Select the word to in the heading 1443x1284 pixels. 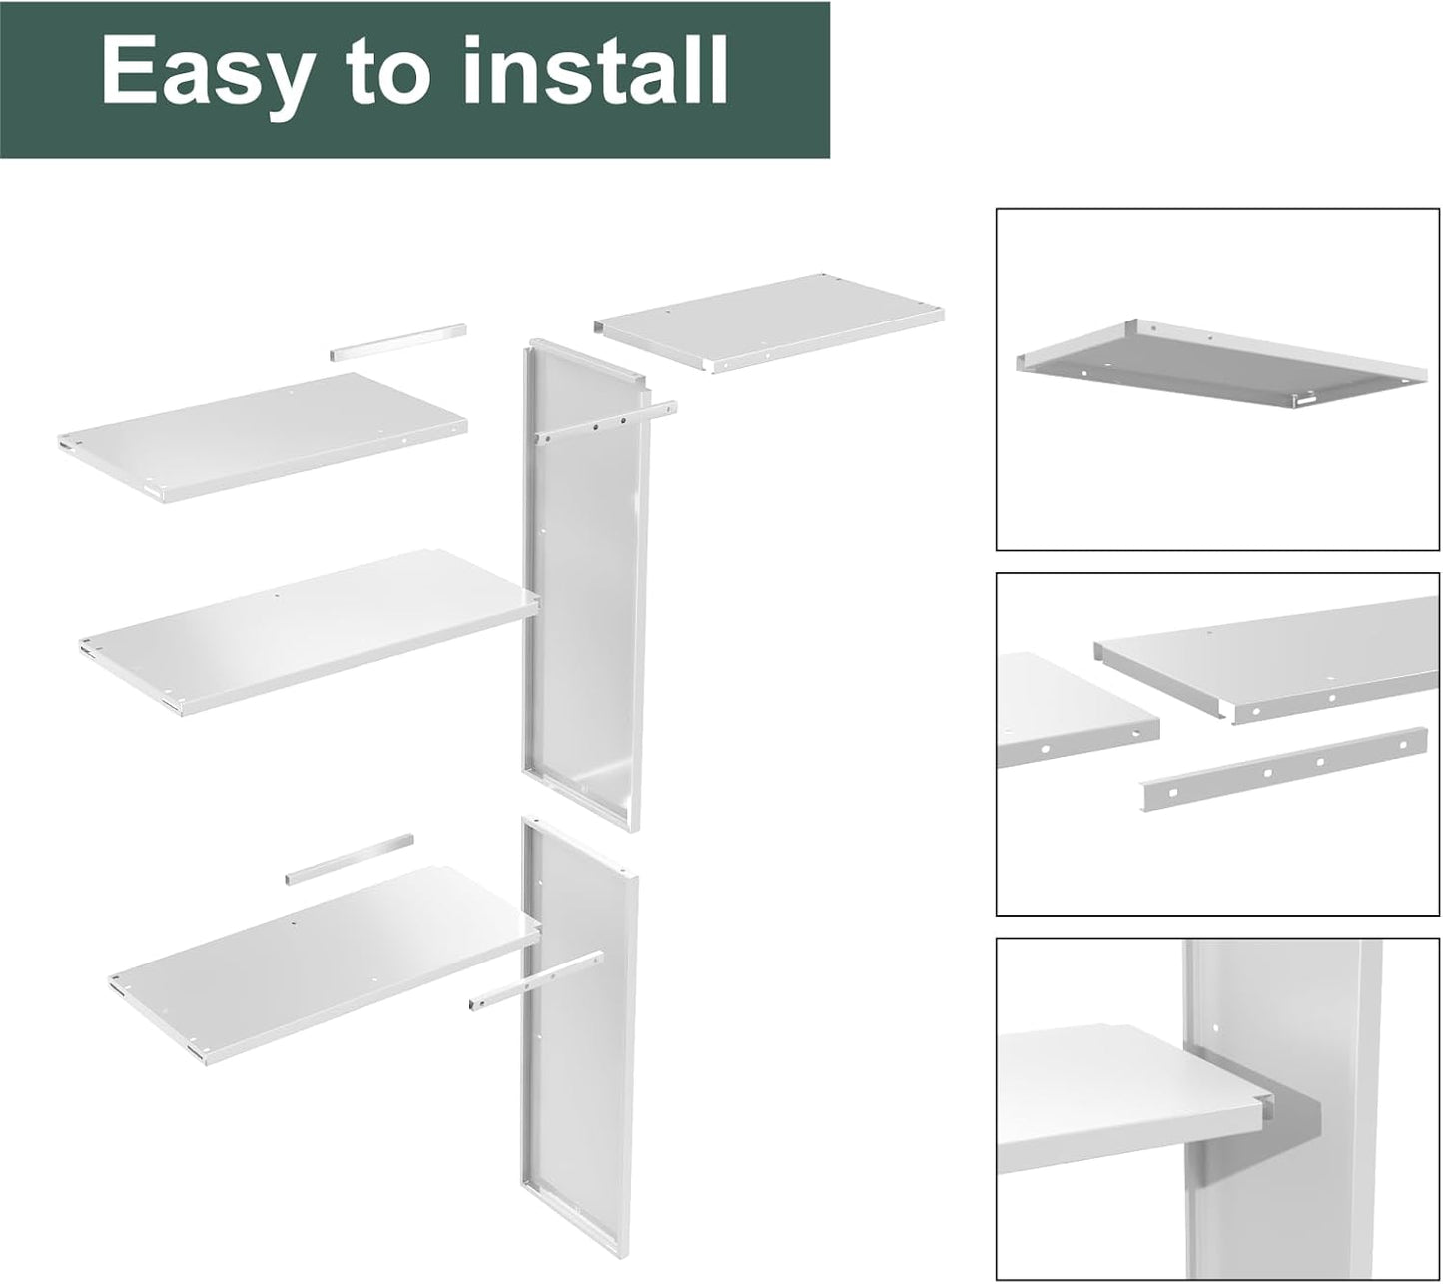pyautogui.click(x=395, y=72)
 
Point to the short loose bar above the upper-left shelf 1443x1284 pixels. pyautogui.click(x=398, y=340)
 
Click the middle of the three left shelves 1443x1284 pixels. pyautogui.click(x=305, y=629)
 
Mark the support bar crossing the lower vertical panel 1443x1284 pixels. pyautogui.click(x=535, y=982)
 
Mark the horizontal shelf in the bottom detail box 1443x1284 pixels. pyautogui.click(x=1118, y=1098)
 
